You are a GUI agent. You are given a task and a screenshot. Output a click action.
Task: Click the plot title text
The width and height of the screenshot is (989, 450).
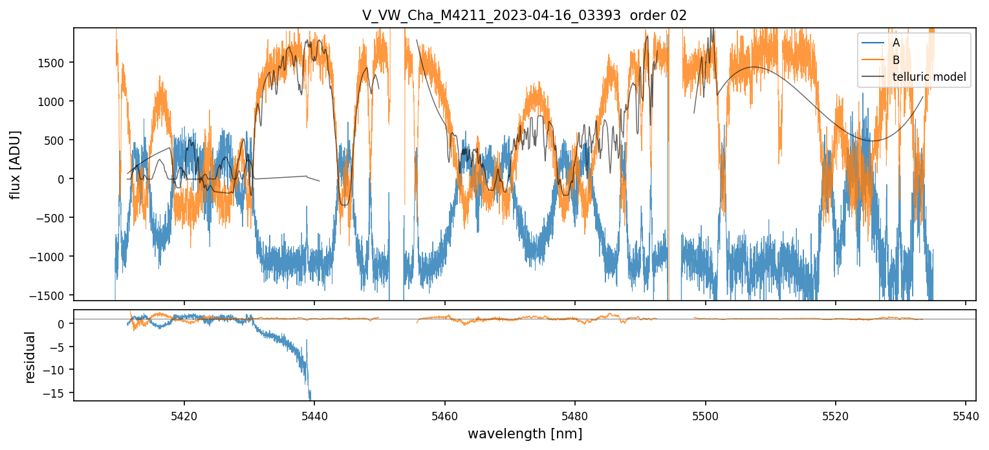click(x=525, y=16)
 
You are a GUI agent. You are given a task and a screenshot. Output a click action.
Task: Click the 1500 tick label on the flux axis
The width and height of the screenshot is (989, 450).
click(x=55, y=63)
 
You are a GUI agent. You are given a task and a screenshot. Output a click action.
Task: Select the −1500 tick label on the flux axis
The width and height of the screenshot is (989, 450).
click(x=51, y=295)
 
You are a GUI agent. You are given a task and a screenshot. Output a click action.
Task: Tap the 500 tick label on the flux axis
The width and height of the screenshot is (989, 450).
click(x=58, y=140)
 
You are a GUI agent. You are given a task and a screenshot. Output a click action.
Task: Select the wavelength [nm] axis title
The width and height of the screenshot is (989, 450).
click(x=525, y=433)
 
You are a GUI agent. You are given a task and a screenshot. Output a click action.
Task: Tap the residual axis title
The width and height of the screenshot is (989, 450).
click(x=30, y=358)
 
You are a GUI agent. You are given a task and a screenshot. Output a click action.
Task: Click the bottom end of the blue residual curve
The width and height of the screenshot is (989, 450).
click(x=310, y=399)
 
